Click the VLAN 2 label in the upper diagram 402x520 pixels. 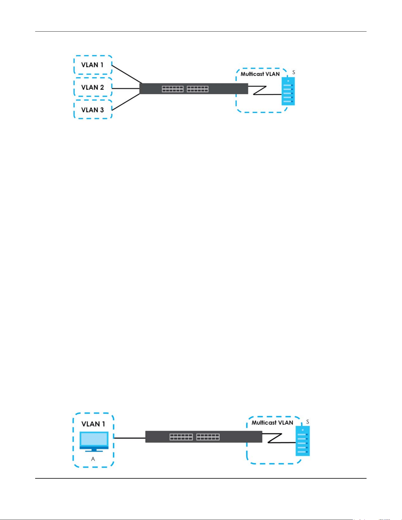pos(92,87)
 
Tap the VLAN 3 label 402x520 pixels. pos(92,110)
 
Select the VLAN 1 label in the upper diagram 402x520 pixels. pos(92,65)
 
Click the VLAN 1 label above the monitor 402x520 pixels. pos(93,424)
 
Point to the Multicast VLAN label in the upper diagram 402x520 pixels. pos(260,74)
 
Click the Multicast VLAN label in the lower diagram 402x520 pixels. pos(272,423)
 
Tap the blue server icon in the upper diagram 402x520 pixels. pos(288,91)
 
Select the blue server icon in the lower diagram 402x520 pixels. pos(303,441)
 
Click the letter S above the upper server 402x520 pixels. pos(294,72)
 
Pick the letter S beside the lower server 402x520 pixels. pos(307,422)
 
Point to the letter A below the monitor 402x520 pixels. pos(93,459)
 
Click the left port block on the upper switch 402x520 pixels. pos(172,89)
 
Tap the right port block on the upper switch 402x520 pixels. pos(198,89)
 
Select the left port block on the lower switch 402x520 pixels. pos(181,437)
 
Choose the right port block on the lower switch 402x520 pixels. pos(208,437)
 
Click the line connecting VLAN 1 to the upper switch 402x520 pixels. pos(127,74)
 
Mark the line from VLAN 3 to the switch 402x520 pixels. pos(126,102)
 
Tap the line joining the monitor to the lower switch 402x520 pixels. pos(129,438)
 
